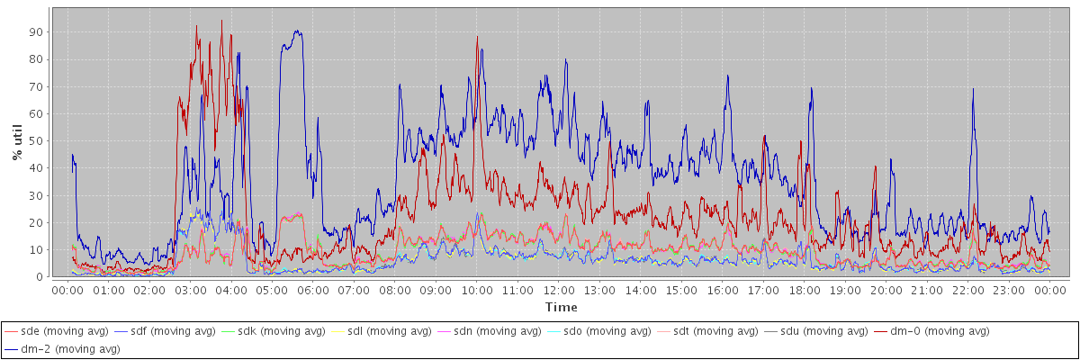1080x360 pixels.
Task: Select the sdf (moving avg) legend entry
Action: pos(172,331)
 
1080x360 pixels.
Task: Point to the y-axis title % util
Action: pos(17,143)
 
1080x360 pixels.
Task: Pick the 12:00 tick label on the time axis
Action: pos(559,291)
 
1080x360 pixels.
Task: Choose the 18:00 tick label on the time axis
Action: pos(805,291)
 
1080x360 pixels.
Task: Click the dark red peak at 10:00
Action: pos(477,37)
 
